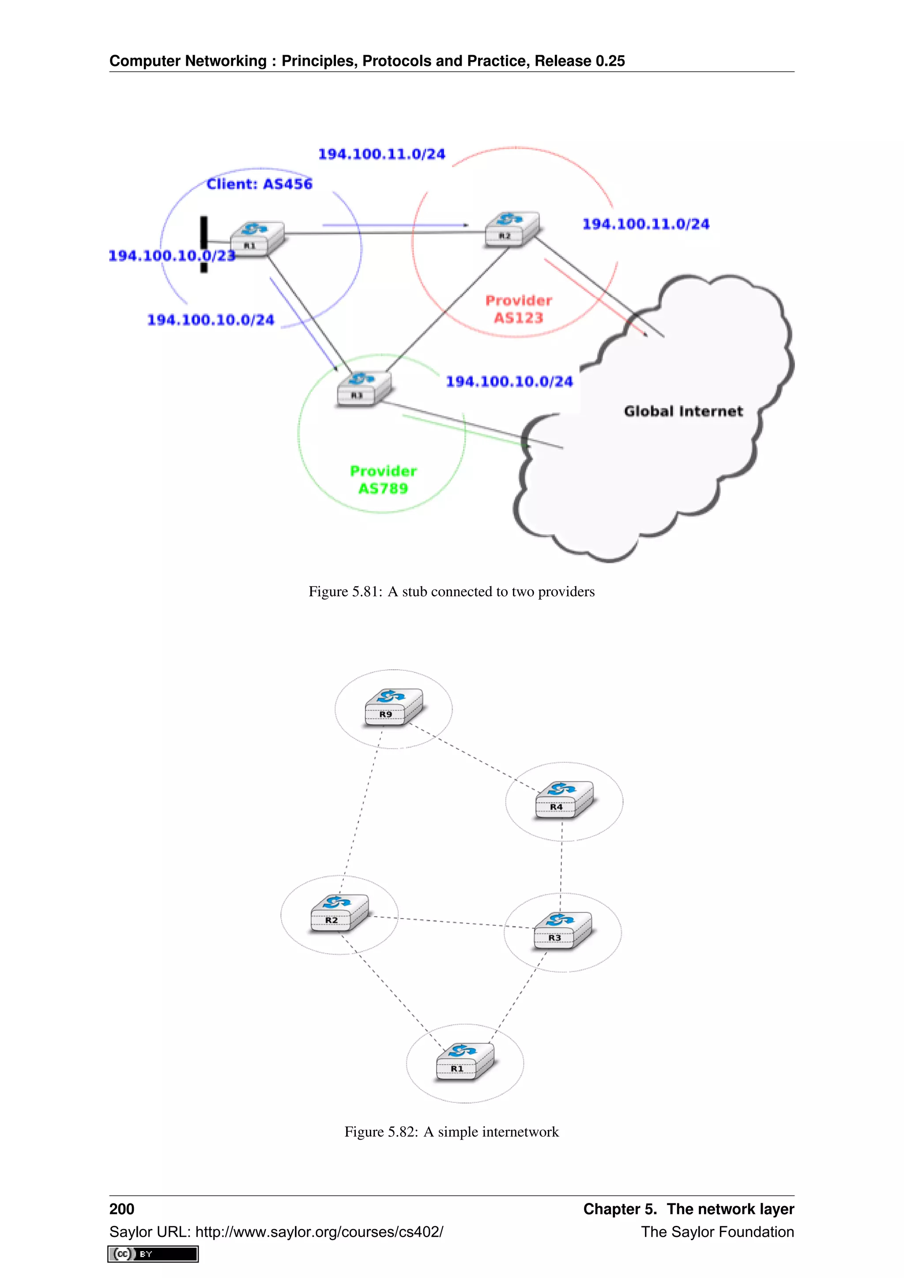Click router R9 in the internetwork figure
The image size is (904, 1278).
[393, 707]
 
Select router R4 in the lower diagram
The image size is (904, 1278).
[564, 801]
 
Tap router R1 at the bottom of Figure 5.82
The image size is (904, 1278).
[464, 1062]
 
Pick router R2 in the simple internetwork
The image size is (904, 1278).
[339, 913]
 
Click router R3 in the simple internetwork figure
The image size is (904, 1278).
[561, 931]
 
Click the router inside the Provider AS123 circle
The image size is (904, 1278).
[512, 228]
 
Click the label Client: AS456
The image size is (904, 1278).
[260, 184]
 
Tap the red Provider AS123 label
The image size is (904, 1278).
[518, 309]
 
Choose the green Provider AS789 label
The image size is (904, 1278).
[383, 480]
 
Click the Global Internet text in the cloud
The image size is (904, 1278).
[683, 411]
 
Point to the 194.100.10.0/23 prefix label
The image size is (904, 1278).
[171, 256]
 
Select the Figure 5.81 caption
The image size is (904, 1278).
[452, 592]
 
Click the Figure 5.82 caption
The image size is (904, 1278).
[452, 1131]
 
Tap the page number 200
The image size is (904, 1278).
[121, 1209]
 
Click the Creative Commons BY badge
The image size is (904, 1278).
[153, 1254]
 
